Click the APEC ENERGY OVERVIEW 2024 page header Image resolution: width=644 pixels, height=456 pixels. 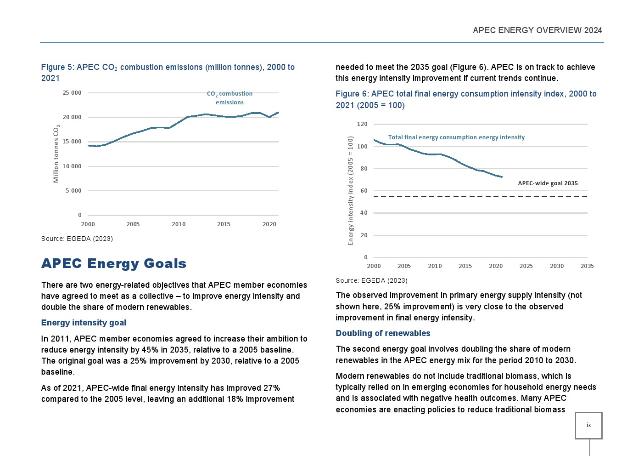pos(537,30)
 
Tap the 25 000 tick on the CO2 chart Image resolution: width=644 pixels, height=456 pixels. pos(72,93)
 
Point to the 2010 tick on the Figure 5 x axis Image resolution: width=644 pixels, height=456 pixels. pos(179,224)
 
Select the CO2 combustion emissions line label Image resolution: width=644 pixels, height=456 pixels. pos(230,98)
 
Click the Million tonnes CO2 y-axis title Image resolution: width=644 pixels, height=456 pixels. pos(56,154)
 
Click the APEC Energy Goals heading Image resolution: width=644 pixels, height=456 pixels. pos(114,263)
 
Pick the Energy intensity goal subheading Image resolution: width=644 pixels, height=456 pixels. pos(84,323)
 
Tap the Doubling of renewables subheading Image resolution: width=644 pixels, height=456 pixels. pos(383,333)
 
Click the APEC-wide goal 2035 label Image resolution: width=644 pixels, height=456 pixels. pos(548,183)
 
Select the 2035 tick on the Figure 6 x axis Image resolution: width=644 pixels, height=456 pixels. pos(587,266)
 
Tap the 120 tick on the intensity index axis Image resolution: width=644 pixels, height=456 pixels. pos(362,124)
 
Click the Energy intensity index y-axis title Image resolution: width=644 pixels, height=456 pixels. pos(351,190)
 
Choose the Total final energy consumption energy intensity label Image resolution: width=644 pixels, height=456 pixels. pos(456,137)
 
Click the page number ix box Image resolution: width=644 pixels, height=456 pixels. pos(588,425)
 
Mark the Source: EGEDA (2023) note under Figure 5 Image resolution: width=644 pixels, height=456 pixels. pos(77,239)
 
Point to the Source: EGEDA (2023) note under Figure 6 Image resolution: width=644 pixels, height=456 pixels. pos(371,280)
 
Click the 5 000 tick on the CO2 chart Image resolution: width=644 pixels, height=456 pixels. pos(73,191)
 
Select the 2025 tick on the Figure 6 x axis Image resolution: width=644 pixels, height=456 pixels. pos(526,266)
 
